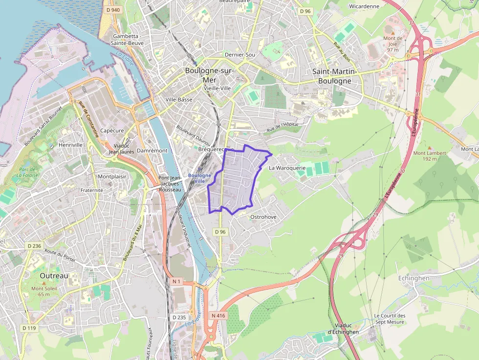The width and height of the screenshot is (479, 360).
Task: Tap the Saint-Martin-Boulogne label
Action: (335, 76)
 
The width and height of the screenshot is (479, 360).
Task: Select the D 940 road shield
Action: (112, 10)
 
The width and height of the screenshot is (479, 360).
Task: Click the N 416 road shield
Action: (218, 316)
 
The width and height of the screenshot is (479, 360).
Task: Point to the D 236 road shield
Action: (34, 246)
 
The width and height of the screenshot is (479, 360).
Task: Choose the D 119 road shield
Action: (29, 328)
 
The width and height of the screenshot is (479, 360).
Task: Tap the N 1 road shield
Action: (177, 282)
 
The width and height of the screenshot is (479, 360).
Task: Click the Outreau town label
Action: (54, 275)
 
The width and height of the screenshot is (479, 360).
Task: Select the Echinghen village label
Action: (414, 278)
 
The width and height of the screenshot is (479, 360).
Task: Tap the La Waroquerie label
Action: (287, 168)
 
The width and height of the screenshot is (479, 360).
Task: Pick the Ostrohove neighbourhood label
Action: (263, 216)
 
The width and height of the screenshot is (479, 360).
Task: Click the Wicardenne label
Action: (364, 6)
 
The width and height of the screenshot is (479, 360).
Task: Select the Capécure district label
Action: (111, 130)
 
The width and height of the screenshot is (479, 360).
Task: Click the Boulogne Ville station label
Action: (199, 178)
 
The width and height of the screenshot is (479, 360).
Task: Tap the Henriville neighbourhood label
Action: (70, 145)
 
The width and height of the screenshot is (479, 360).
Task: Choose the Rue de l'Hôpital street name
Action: (282, 128)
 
